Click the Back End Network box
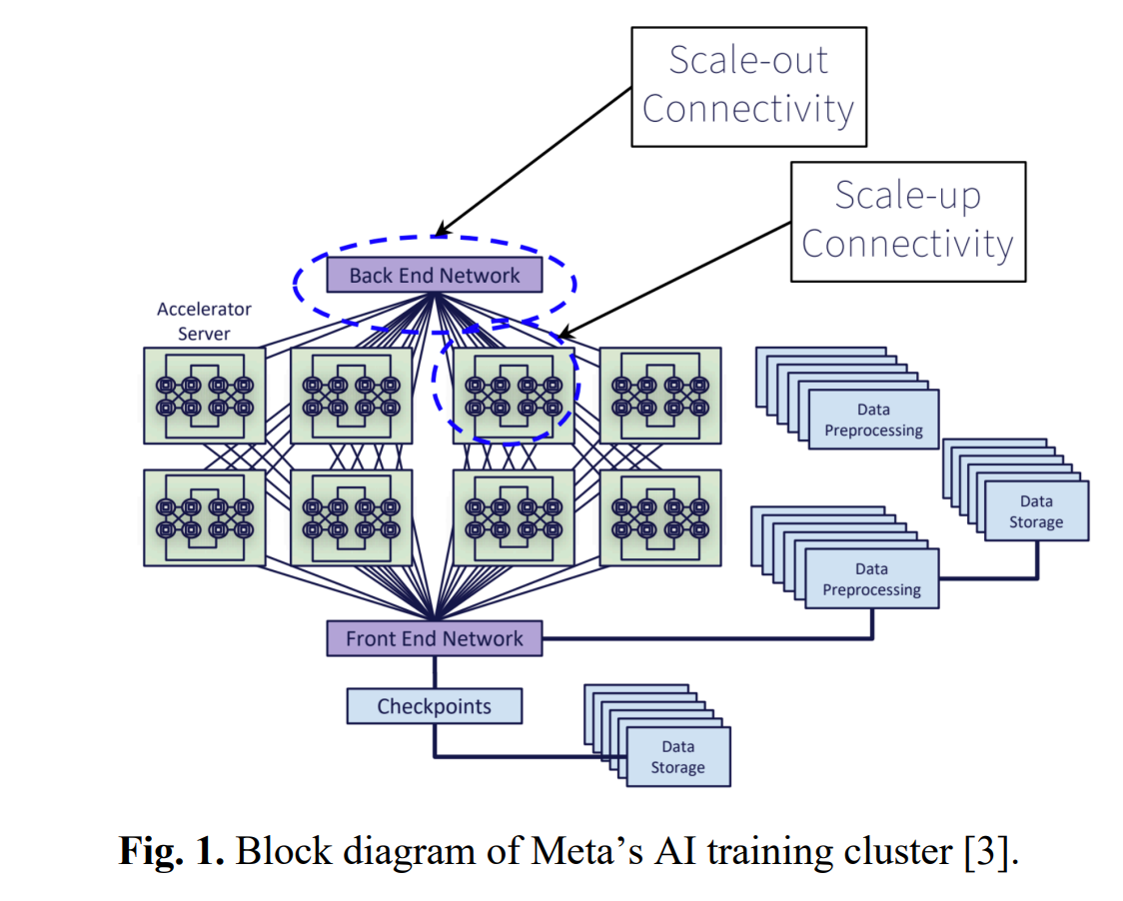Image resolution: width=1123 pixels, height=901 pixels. point(435,275)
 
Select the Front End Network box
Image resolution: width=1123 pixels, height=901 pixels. point(435,638)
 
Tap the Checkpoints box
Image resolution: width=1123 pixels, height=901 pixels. point(434,706)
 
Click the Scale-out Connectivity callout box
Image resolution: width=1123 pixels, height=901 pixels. point(748,86)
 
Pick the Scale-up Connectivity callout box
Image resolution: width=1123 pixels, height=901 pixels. point(907,221)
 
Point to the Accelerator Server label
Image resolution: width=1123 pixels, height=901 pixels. point(204,322)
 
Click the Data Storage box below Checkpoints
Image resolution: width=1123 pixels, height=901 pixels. point(677,757)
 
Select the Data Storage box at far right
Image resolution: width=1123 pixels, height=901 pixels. point(1035,511)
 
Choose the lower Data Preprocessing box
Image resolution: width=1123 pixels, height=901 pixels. point(871,579)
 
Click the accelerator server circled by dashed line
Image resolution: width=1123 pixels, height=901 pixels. point(514,396)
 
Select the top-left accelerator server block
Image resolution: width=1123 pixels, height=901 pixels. point(204,396)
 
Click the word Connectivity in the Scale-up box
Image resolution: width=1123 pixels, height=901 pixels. point(907,244)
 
